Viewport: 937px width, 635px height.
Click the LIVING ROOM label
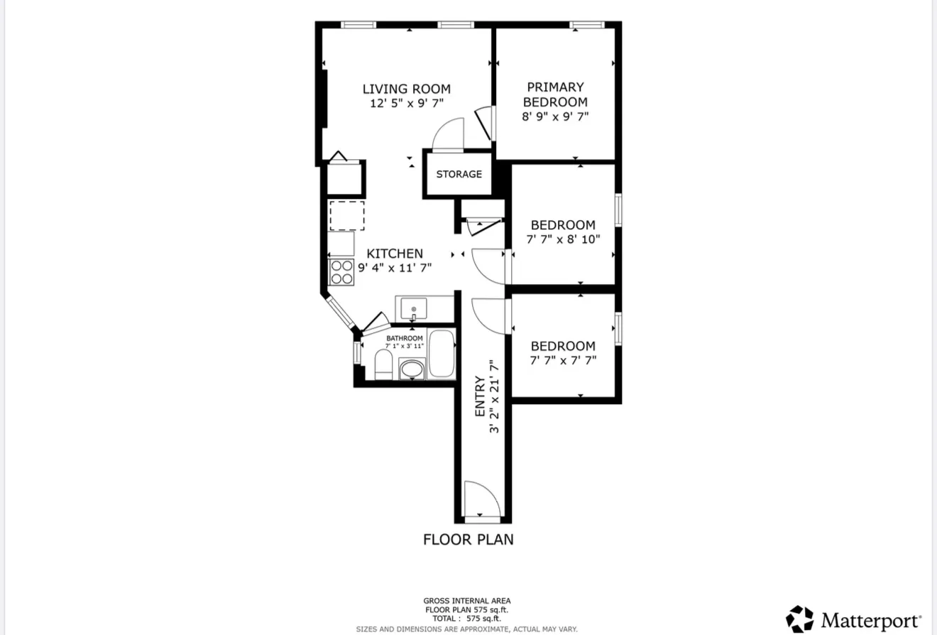(x=406, y=89)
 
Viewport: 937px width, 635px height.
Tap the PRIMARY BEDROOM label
(x=555, y=94)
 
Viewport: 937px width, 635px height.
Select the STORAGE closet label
(x=459, y=174)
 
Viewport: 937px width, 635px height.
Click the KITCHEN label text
(x=395, y=254)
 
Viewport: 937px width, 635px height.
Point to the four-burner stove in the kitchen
(x=341, y=272)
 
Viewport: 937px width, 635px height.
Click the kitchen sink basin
(x=414, y=309)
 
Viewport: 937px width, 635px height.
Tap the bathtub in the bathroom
(x=441, y=354)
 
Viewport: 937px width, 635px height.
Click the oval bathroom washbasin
(x=412, y=369)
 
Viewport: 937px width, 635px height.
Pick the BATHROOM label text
(x=404, y=338)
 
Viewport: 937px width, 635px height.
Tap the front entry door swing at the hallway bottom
(x=481, y=499)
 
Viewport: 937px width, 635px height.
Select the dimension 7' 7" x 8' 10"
(x=564, y=239)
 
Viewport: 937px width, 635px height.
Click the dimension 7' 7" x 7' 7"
(x=563, y=360)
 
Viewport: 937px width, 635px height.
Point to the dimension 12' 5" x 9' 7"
(x=406, y=103)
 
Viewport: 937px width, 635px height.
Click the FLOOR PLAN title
(x=468, y=539)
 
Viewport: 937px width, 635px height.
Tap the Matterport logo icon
(x=799, y=619)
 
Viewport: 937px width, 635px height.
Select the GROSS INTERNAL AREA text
(x=466, y=601)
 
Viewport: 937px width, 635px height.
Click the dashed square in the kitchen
(x=346, y=215)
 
